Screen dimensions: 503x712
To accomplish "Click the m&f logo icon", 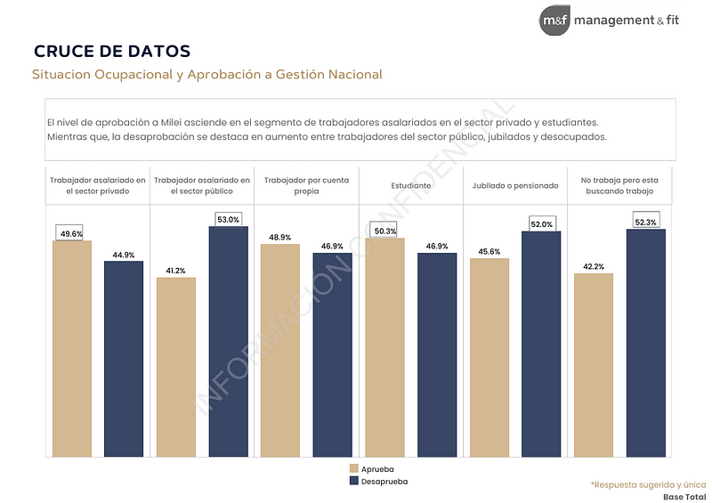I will (x=554, y=20).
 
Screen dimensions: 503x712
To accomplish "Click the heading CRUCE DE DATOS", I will (x=112, y=51).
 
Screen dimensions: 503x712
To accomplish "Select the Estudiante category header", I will (x=410, y=185).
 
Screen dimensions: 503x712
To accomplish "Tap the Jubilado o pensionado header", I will (x=515, y=185).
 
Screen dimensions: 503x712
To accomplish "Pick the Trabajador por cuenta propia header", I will (x=306, y=185).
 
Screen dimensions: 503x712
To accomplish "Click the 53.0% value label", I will (x=229, y=219).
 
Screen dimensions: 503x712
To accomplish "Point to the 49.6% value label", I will (x=71, y=233).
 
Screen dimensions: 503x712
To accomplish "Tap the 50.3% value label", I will (x=384, y=231).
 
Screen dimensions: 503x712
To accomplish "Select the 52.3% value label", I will (x=646, y=222).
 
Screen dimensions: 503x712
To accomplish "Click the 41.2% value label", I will (x=176, y=271).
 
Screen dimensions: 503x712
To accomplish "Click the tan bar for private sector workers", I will (x=72, y=347).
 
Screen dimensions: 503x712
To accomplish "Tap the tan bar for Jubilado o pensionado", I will (x=489, y=356).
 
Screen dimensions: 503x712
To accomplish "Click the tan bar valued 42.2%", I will (x=594, y=364).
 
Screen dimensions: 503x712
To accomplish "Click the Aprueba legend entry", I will (x=372, y=468).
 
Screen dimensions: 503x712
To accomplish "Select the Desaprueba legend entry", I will (x=378, y=481).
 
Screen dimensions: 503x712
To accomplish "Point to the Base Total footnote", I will (x=684, y=496).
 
